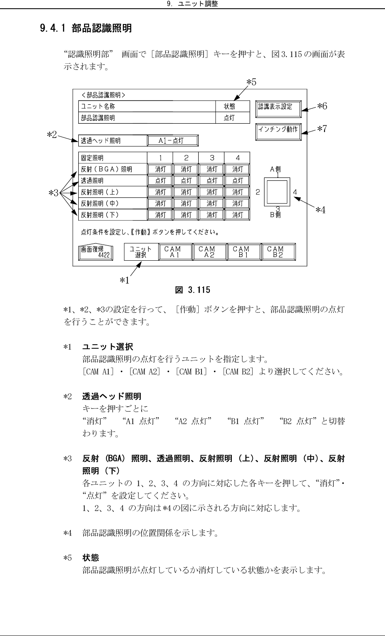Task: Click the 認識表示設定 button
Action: [x=278, y=107]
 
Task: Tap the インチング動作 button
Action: [x=278, y=130]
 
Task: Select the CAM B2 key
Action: [x=278, y=252]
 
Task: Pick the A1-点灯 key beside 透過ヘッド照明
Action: [x=173, y=141]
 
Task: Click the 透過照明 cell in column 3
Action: [x=212, y=181]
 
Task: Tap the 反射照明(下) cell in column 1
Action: [x=160, y=215]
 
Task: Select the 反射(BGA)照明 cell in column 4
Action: [x=237, y=169]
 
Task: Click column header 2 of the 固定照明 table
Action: [x=186, y=158]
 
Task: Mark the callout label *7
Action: [x=322, y=129]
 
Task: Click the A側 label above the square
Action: [x=275, y=169]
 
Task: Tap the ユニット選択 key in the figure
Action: [x=141, y=252]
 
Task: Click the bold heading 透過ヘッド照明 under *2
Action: [x=112, y=397]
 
